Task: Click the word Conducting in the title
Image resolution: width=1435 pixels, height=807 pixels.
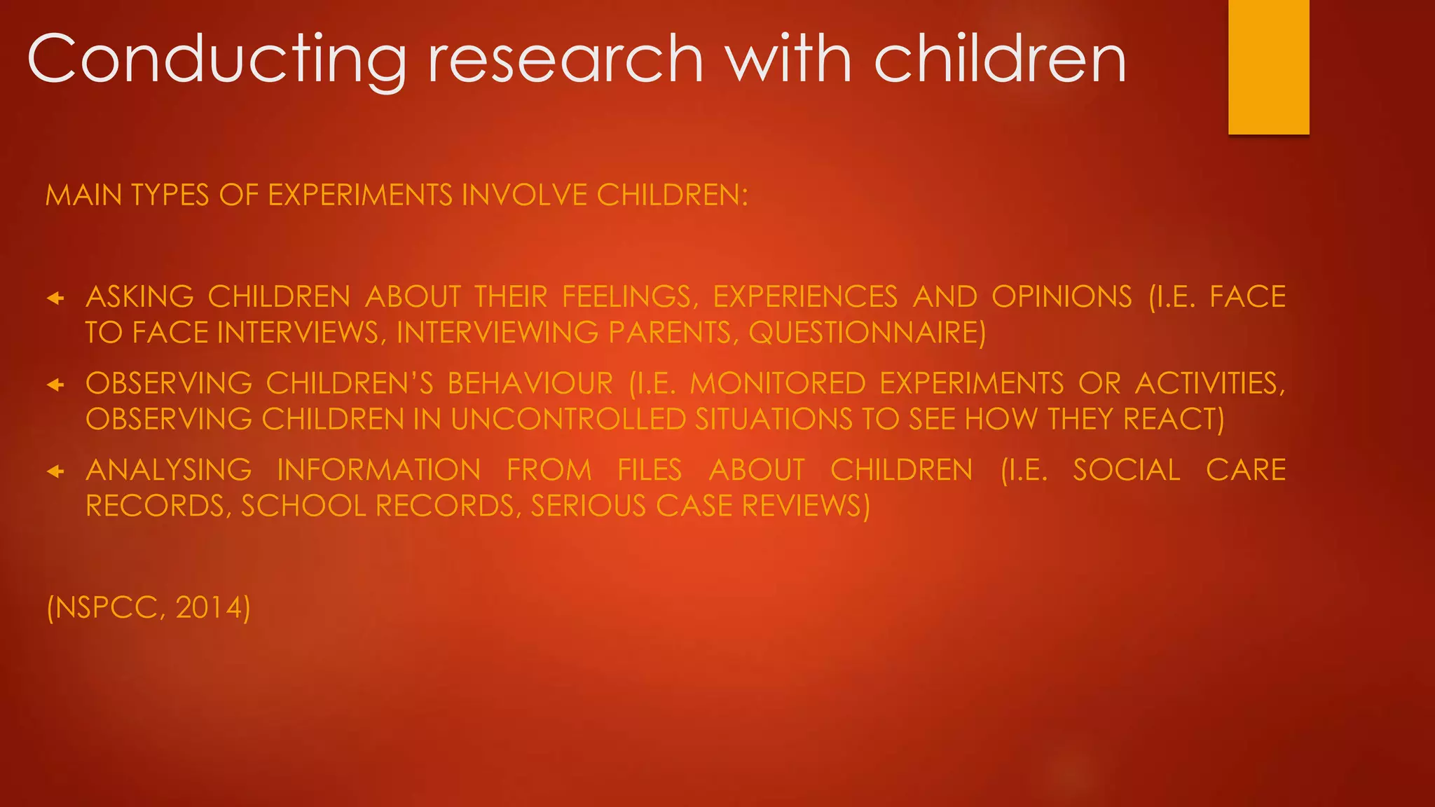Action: coord(216,60)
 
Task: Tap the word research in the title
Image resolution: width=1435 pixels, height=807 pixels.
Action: coord(565,60)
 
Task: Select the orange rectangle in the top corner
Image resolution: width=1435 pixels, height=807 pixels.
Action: coord(1268,67)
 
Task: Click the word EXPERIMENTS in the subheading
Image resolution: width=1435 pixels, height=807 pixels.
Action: coord(360,195)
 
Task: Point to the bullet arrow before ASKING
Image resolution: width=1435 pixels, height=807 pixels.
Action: coord(55,298)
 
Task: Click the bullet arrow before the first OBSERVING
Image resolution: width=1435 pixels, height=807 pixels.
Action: coord(55,385)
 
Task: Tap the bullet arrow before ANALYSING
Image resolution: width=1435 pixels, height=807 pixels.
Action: coord(55,471)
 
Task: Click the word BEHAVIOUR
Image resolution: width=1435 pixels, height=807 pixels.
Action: coord(530,384)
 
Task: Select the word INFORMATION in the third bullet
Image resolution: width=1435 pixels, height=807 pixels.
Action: coord(379,470)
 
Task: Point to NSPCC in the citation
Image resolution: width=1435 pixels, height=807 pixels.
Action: coord(106,607)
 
